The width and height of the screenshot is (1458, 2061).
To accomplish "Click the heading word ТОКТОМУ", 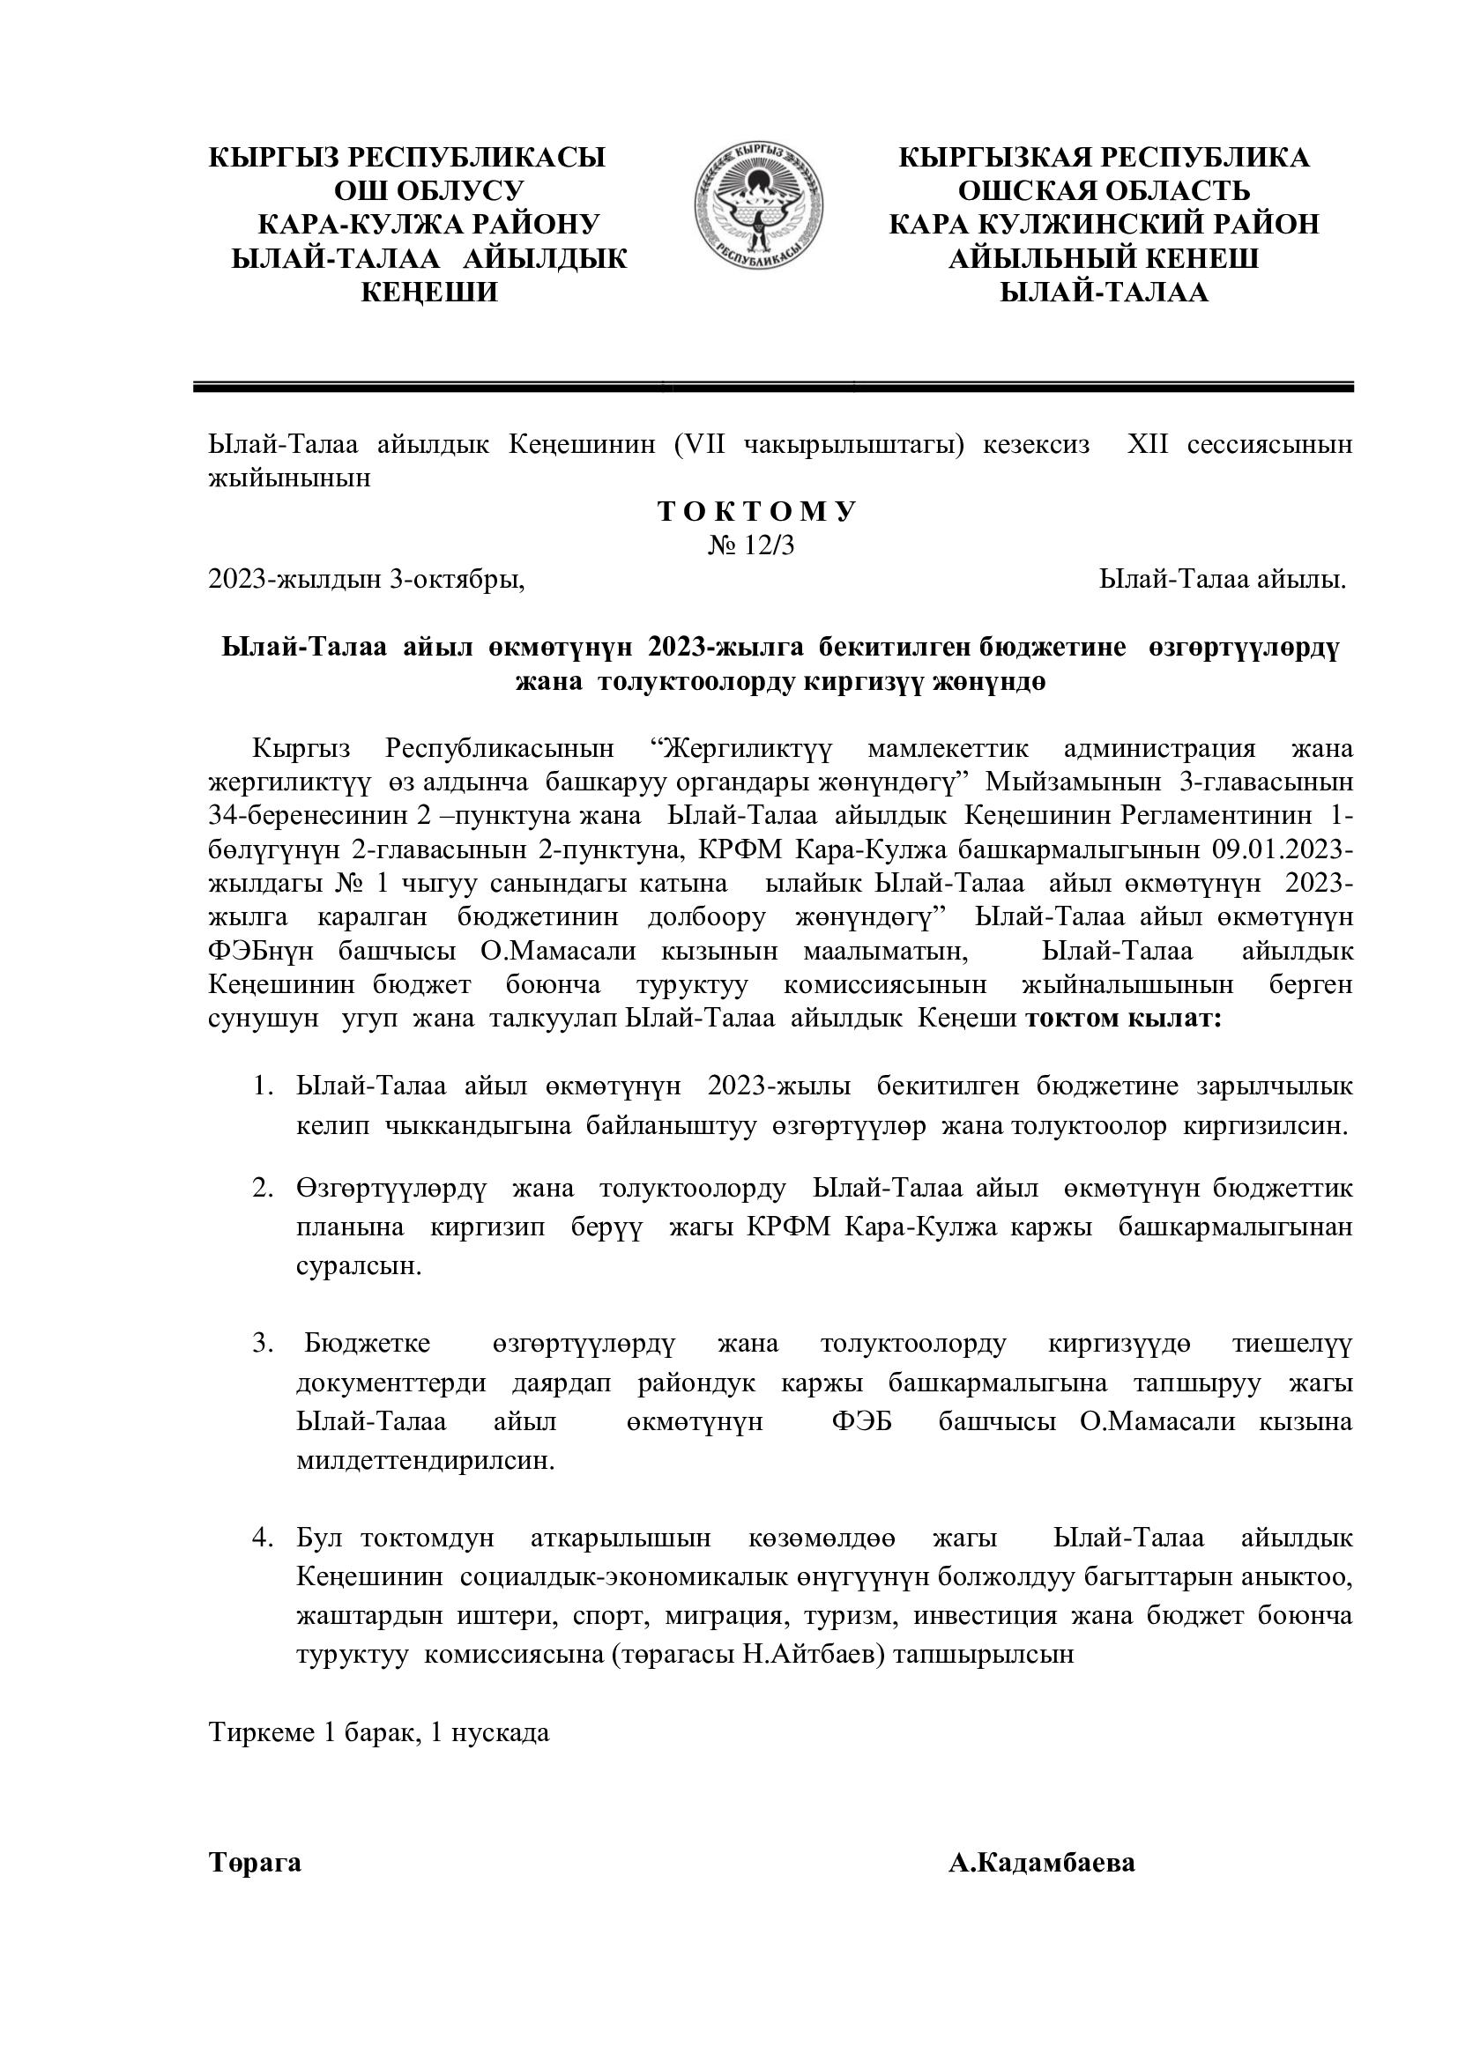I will point(758,513).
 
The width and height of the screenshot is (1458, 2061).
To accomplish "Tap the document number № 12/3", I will point(752,546).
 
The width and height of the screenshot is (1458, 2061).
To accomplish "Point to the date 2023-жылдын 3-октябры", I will point(367,581).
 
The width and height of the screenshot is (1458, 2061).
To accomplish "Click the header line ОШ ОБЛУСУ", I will point(429,191).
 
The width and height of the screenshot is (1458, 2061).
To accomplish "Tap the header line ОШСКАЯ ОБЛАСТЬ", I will point(1105,191).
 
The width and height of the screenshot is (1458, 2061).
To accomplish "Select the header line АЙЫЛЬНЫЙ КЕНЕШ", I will point(1105,259).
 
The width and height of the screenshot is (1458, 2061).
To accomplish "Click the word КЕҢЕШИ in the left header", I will point(429,293).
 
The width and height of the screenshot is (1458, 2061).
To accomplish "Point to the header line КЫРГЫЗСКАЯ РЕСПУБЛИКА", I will point(1105,158).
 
